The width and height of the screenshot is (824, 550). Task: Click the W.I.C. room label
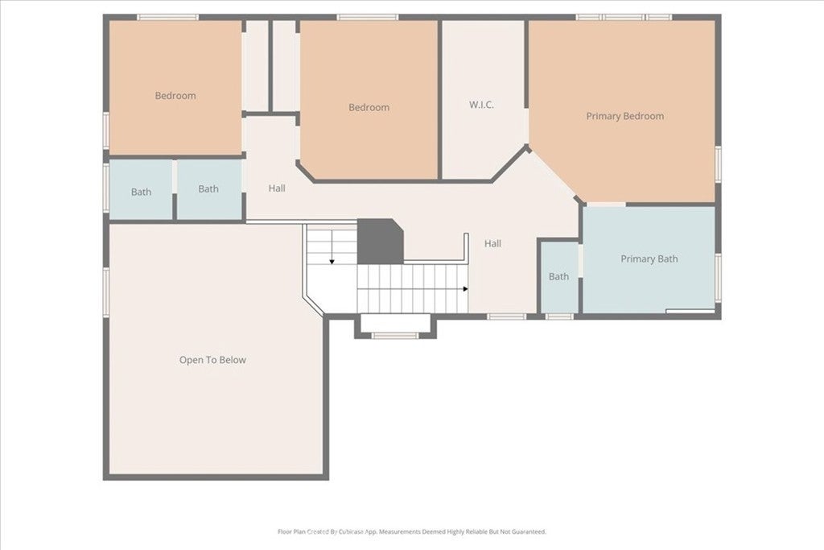pos(481,105)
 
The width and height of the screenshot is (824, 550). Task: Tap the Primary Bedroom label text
pos(624,116)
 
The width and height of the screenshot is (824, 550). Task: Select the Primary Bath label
pos(649,258)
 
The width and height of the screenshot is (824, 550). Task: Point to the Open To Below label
pos(212,360)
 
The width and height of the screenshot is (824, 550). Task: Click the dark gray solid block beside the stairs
pos(380,242)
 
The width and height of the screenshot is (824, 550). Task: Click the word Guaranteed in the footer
pos(530,531)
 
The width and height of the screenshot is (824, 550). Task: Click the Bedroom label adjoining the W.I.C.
pos(369,107)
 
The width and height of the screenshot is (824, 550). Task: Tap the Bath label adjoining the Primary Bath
pos(558,276)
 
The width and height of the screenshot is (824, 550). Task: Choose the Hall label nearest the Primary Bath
pos(492,243)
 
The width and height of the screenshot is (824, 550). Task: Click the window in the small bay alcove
pos(395,335)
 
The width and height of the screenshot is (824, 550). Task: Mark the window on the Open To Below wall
pos(106,292)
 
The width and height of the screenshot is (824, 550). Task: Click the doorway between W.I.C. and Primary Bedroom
pos(526,126)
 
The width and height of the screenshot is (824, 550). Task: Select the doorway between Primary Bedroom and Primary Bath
pos(607,204)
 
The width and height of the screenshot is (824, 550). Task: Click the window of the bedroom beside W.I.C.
pos(368,18)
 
